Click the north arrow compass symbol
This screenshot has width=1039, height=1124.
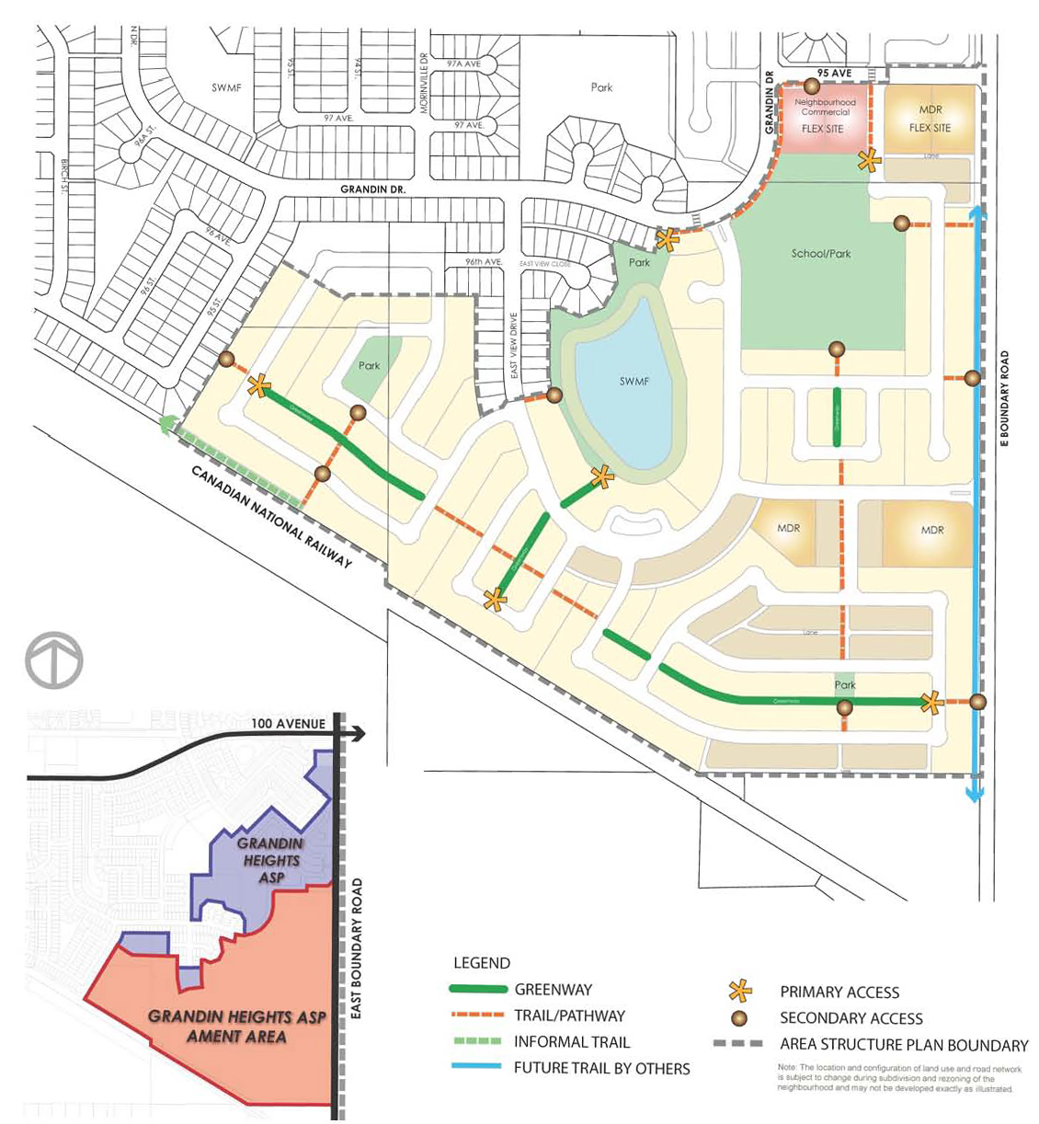[x=54, y=660]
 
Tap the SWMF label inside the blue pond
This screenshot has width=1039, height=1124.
[x=634, y=381]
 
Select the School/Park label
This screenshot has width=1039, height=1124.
[x=820, y=253]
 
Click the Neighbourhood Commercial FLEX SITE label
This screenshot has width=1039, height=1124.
[x=824, y=115]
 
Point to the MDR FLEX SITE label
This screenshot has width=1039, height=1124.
[x=930, y=119]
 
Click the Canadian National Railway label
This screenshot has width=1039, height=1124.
[x=271, y=516]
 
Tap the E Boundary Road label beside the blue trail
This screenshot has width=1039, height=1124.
[x=1004, y=399]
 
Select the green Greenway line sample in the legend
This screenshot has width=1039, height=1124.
[x=477, y=990]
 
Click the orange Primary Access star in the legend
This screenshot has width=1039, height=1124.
[x=739, y=992]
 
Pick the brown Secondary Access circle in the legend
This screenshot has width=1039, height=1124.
[x=739, y=1018]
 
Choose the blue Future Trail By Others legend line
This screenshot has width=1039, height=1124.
[x=477, y=1068]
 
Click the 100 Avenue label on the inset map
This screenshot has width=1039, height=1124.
[x=288, y=724]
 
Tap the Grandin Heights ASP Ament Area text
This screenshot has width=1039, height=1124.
[x=237, y=1027]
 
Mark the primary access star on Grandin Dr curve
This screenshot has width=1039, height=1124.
[x=668, y=239]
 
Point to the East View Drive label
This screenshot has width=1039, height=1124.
[x=514, y=346]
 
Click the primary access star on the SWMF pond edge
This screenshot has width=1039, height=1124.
[x=601, y=476]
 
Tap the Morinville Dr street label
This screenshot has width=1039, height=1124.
[x=424, y=82]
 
